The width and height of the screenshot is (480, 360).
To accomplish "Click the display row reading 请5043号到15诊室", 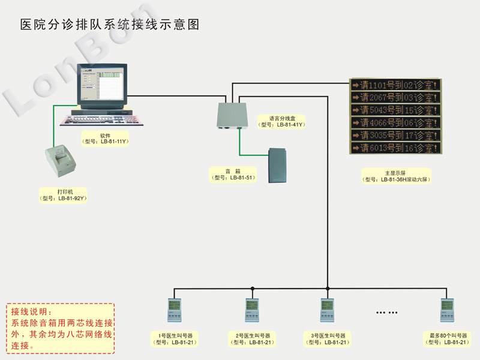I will click(396, 110).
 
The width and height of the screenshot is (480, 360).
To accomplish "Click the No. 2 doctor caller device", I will click(252, 311).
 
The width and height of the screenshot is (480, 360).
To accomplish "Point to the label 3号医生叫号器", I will click(328, 335).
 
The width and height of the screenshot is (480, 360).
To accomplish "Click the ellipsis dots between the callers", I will click(387, 313).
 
